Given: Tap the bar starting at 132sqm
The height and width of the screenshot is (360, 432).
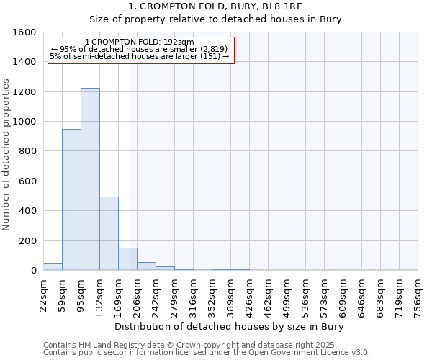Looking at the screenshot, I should point(109,233).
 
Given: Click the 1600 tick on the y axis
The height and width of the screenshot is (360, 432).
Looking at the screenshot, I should point(25,32).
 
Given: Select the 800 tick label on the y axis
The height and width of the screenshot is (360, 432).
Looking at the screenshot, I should point(28,151).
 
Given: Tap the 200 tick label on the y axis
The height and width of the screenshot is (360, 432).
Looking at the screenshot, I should point(28,240).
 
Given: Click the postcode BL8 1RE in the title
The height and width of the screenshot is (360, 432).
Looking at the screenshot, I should point(282,6).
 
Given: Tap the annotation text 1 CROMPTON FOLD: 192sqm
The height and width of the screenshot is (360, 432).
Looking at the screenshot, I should point(139,42).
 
